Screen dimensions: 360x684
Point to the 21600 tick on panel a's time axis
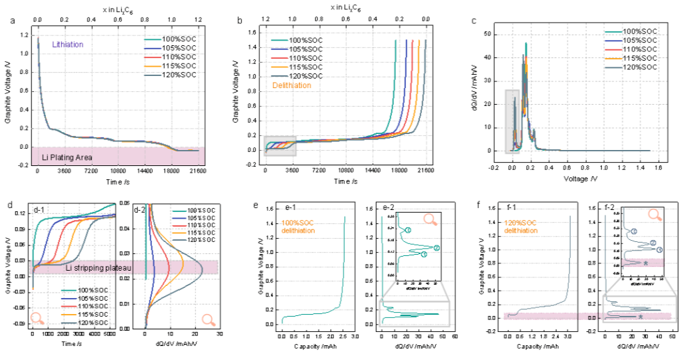pos(197,171)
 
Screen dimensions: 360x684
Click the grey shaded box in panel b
pos(279,145)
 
